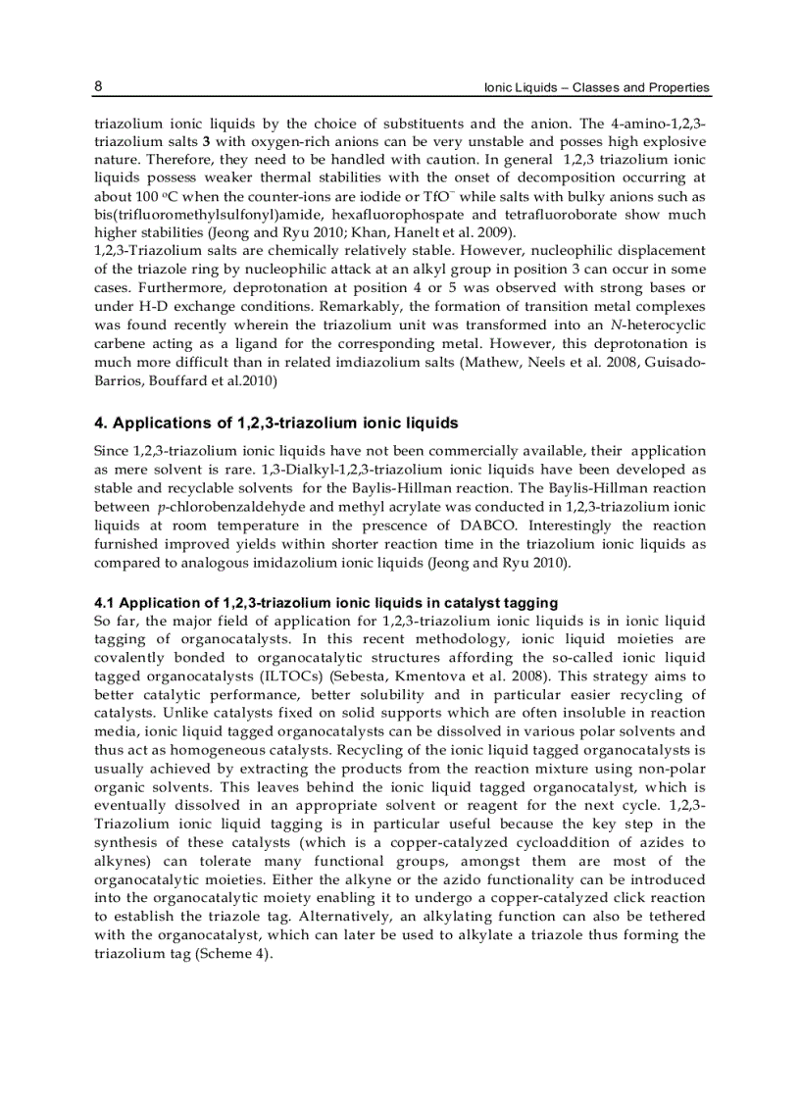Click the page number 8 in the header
click(x=98, y=86)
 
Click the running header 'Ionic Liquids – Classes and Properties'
click(x=597, y=87)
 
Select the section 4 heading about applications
click(x=275, y=424)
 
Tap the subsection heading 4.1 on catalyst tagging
click(x=325, y=603)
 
